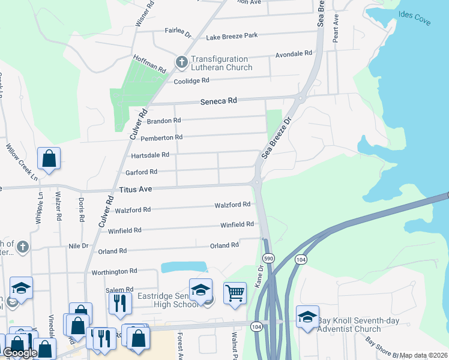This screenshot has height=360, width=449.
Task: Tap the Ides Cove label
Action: point(414,18)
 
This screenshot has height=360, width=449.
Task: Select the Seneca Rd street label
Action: point(218,101)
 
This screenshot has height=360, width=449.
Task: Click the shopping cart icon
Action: point(235,293)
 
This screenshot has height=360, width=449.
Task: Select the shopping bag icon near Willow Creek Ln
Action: point(49,159)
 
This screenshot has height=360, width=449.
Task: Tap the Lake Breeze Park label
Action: point(232,36)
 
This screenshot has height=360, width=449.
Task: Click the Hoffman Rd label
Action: point(149,65)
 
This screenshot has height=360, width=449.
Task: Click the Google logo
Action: point(20,353)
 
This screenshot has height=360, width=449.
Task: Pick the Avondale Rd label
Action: point(294,53)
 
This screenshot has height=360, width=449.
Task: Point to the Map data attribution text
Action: point(423,355)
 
